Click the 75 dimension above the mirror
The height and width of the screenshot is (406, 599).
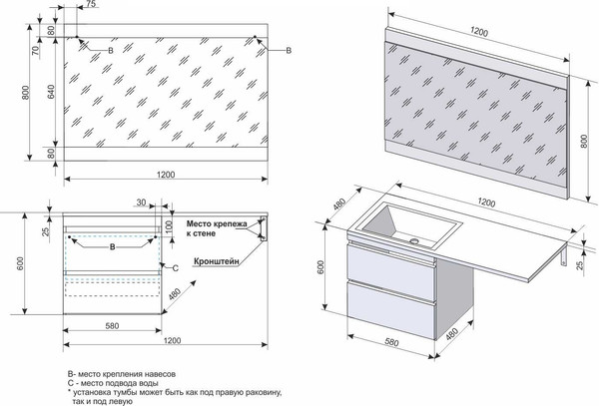90,5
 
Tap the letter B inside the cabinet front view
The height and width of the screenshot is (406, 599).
113,245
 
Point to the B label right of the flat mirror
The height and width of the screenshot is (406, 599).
289,50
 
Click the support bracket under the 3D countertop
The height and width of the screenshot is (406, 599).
568,257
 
